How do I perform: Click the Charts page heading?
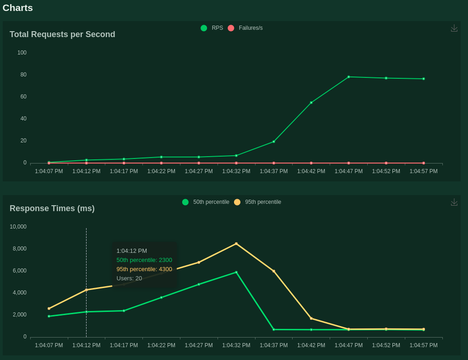pos(18,8)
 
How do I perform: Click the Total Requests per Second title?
pos(62,34)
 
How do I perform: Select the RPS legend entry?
pos(212,28)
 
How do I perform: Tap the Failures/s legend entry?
pos(245,28)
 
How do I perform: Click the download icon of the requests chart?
pos(454,28)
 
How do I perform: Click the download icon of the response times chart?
pos(454,202)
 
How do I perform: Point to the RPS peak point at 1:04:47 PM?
pos(348,77)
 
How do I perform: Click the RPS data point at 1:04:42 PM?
pos(311,103)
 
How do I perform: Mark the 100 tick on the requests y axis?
pos(22,53)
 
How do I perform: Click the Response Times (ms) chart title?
pos(52,208)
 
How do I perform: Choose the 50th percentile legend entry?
pos(206,202)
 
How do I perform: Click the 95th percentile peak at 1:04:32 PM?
pos(236,244)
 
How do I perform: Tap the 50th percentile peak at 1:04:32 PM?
pos(236,272)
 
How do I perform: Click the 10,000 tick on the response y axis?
pos(18,227)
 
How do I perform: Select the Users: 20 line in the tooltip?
pos(129,278)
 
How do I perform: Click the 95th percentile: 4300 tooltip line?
pos(144,269)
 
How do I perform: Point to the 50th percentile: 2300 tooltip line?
pos(144,260)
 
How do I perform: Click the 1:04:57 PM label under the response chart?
pos(424,345)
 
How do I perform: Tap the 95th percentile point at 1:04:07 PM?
pos(49,309)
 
